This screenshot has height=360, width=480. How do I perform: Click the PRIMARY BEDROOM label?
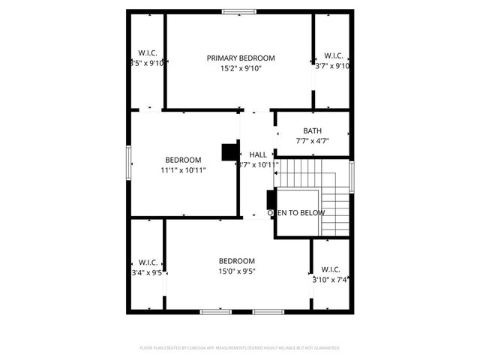point(241,58)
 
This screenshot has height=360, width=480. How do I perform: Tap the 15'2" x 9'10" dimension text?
point(241,68)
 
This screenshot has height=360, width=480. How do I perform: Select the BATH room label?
point(312,130)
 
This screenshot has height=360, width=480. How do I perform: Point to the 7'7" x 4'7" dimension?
point(312,140)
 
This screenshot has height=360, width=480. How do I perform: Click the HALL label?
point(258,154)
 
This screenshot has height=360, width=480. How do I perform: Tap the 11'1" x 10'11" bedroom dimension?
point(183,170)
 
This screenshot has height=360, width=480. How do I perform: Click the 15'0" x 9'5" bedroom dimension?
point(237,271)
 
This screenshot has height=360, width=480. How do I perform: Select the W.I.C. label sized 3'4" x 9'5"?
point(147,262)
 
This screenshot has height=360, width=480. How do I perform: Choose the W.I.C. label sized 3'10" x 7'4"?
point(331,269)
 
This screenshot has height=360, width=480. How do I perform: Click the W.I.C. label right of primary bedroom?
point(334,55)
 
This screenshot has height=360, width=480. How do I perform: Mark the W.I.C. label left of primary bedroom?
point(147,53)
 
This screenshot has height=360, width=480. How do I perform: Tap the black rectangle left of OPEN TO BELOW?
point(270,201)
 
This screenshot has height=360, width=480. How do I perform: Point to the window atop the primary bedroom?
point(238,11)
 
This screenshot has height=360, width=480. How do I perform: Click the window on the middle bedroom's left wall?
point(129,162)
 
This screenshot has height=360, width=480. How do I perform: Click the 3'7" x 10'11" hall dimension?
point(258,165)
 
